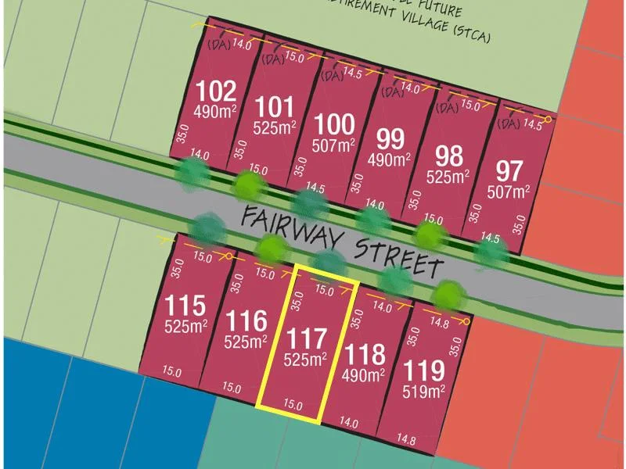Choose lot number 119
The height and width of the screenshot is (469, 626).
[x=423, y=370]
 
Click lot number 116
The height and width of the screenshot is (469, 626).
[x=243, y=320]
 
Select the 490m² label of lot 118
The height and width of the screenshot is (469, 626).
[x=364, y=375]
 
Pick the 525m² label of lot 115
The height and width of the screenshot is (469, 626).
[x=185, y=325]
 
